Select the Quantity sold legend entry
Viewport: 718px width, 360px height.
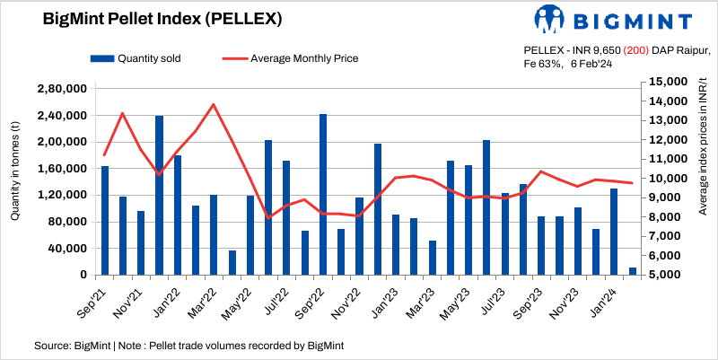tap(136, 58)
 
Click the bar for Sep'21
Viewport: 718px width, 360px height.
tap(105, 220)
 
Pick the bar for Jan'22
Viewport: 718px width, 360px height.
tap(159, 195)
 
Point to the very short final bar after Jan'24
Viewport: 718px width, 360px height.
tap(633, 271)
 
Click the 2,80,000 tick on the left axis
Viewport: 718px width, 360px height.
tap(61, 89)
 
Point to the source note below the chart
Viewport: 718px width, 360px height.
tap(188, 345)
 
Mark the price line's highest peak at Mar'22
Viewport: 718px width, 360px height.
tap(214, 104)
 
